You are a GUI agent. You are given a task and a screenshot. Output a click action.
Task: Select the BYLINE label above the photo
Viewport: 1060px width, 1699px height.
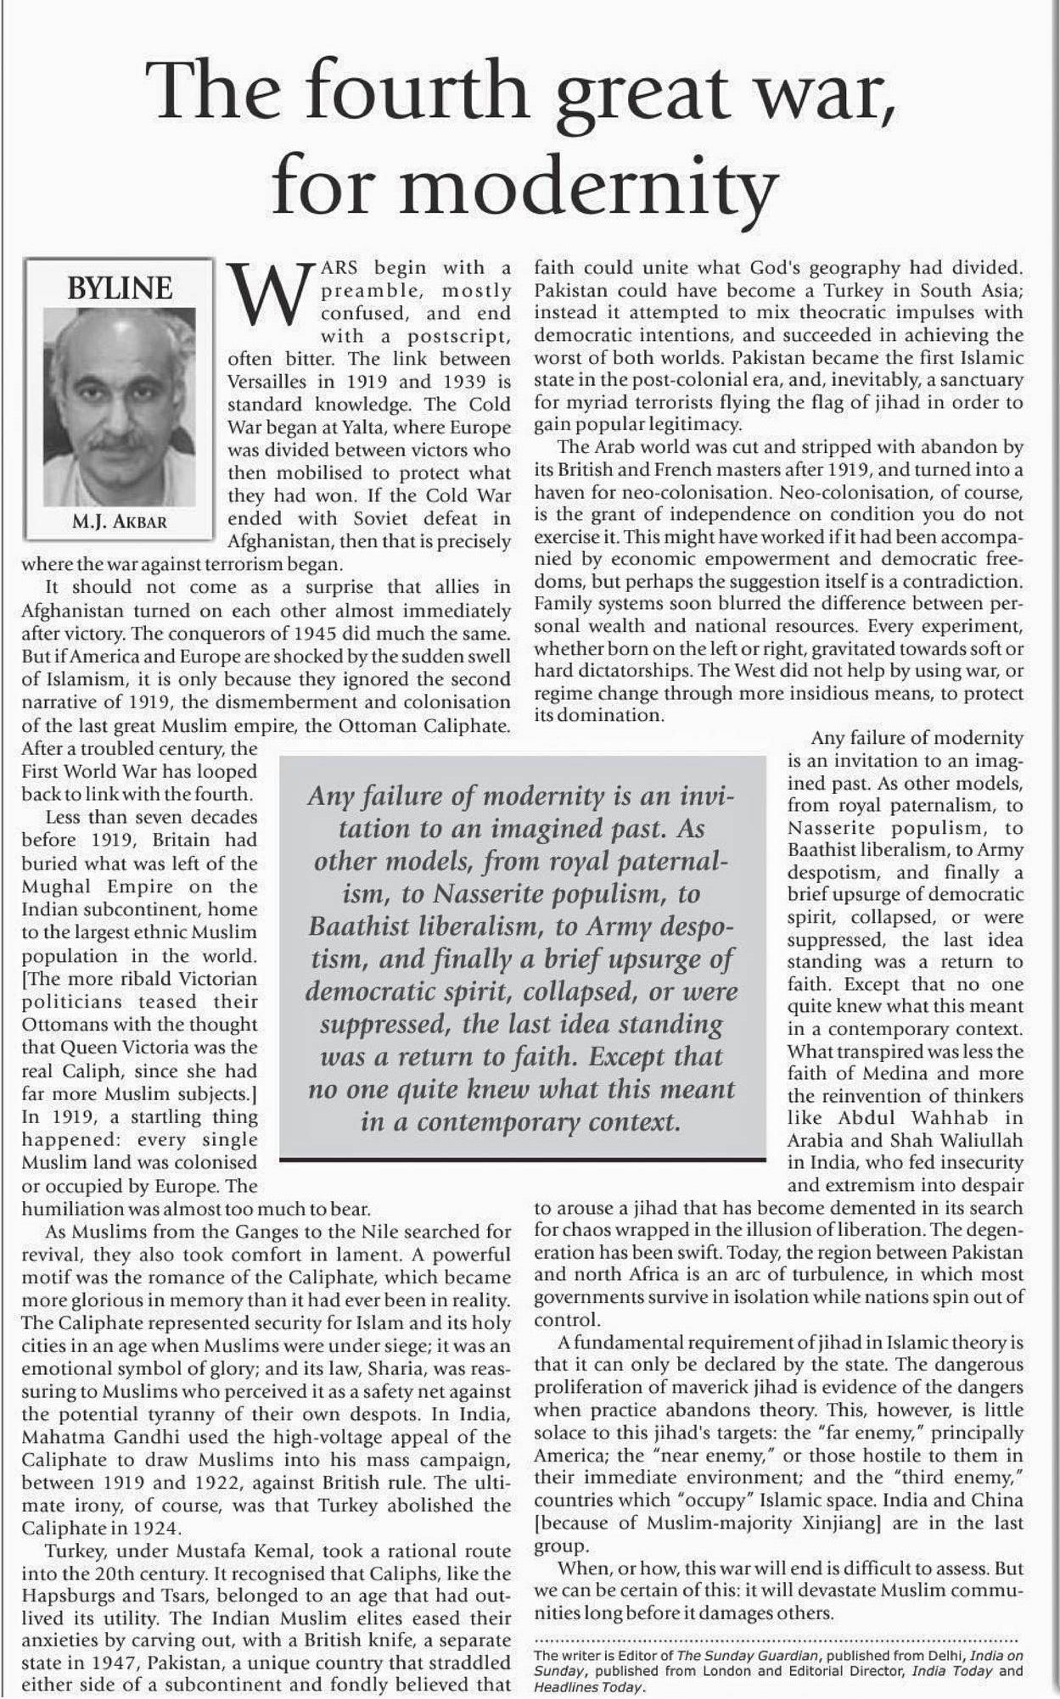(x=120, y=288)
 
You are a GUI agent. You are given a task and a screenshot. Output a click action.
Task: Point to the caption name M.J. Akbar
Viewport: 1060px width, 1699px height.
(x=120, y=522)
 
